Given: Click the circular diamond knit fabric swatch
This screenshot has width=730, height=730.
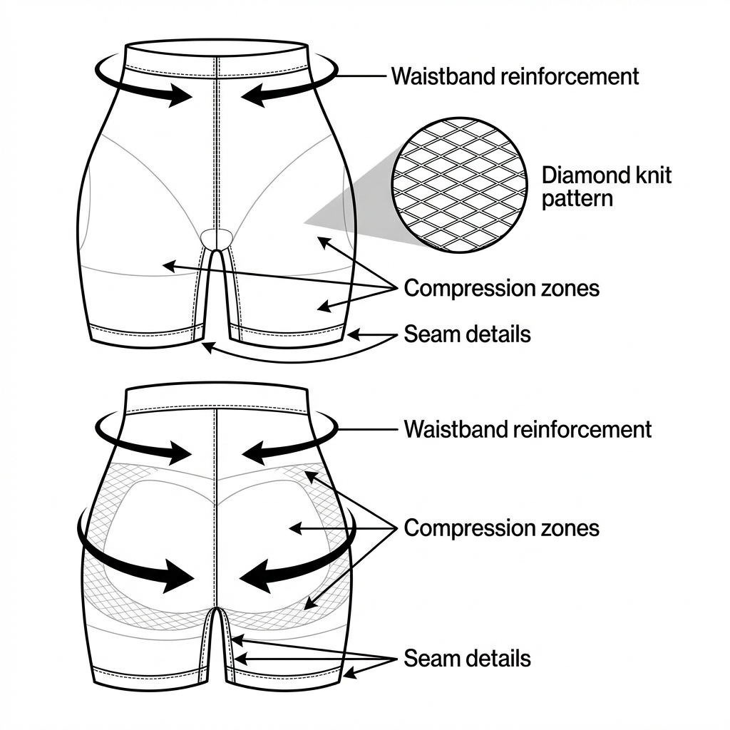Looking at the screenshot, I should coord(460,185).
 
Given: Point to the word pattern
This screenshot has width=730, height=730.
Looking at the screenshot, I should coord(577,198).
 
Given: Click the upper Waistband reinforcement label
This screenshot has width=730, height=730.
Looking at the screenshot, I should coord(515,76).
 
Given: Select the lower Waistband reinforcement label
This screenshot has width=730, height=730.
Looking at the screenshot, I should coord(528,429).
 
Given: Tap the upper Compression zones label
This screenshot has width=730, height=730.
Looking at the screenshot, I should coord(501,289).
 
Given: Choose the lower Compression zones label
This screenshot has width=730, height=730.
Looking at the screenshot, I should coord(501,528).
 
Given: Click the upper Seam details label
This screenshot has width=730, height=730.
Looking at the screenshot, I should coord(467,334).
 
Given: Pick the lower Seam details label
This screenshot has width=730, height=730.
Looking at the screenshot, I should coord(467,658).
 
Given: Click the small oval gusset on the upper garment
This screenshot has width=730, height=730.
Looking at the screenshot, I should coord(217,237).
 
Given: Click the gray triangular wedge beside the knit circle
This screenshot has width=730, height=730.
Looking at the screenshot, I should coord(356,207).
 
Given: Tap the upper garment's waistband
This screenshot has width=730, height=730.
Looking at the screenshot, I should coord(217,61).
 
